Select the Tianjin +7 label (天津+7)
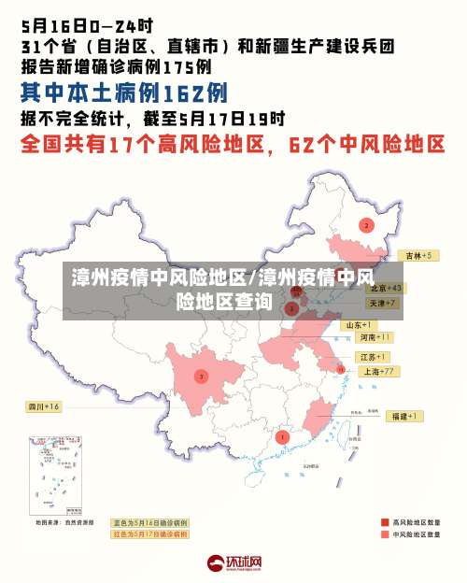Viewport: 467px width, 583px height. click(383, 303)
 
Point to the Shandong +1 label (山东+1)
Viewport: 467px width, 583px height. click(360, 324)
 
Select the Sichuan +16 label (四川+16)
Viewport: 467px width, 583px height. click(43, 406)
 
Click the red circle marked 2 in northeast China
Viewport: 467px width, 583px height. click(366, 225)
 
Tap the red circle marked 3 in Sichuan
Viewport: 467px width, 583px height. click(201, 376)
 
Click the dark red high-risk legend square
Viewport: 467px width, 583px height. click(384, 521)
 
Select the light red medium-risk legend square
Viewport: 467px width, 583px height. click(384, 535)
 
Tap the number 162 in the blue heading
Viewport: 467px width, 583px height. click(181, 92)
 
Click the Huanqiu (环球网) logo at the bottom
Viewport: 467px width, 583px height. click(233, 562)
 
